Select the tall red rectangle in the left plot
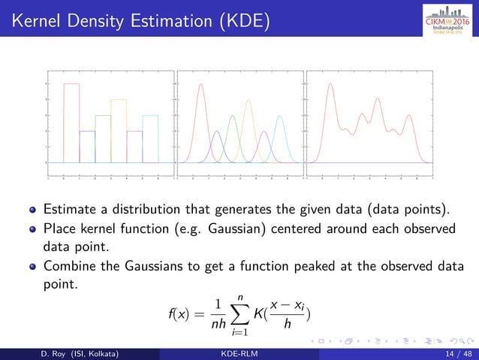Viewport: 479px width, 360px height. click(71, 120)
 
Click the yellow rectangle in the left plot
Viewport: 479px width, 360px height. click(119, 128)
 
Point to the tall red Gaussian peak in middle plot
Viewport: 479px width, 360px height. click(201, 85)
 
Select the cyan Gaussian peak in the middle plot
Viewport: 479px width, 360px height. click(280, 117)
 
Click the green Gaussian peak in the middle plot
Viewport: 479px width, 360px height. click(233, 117)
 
